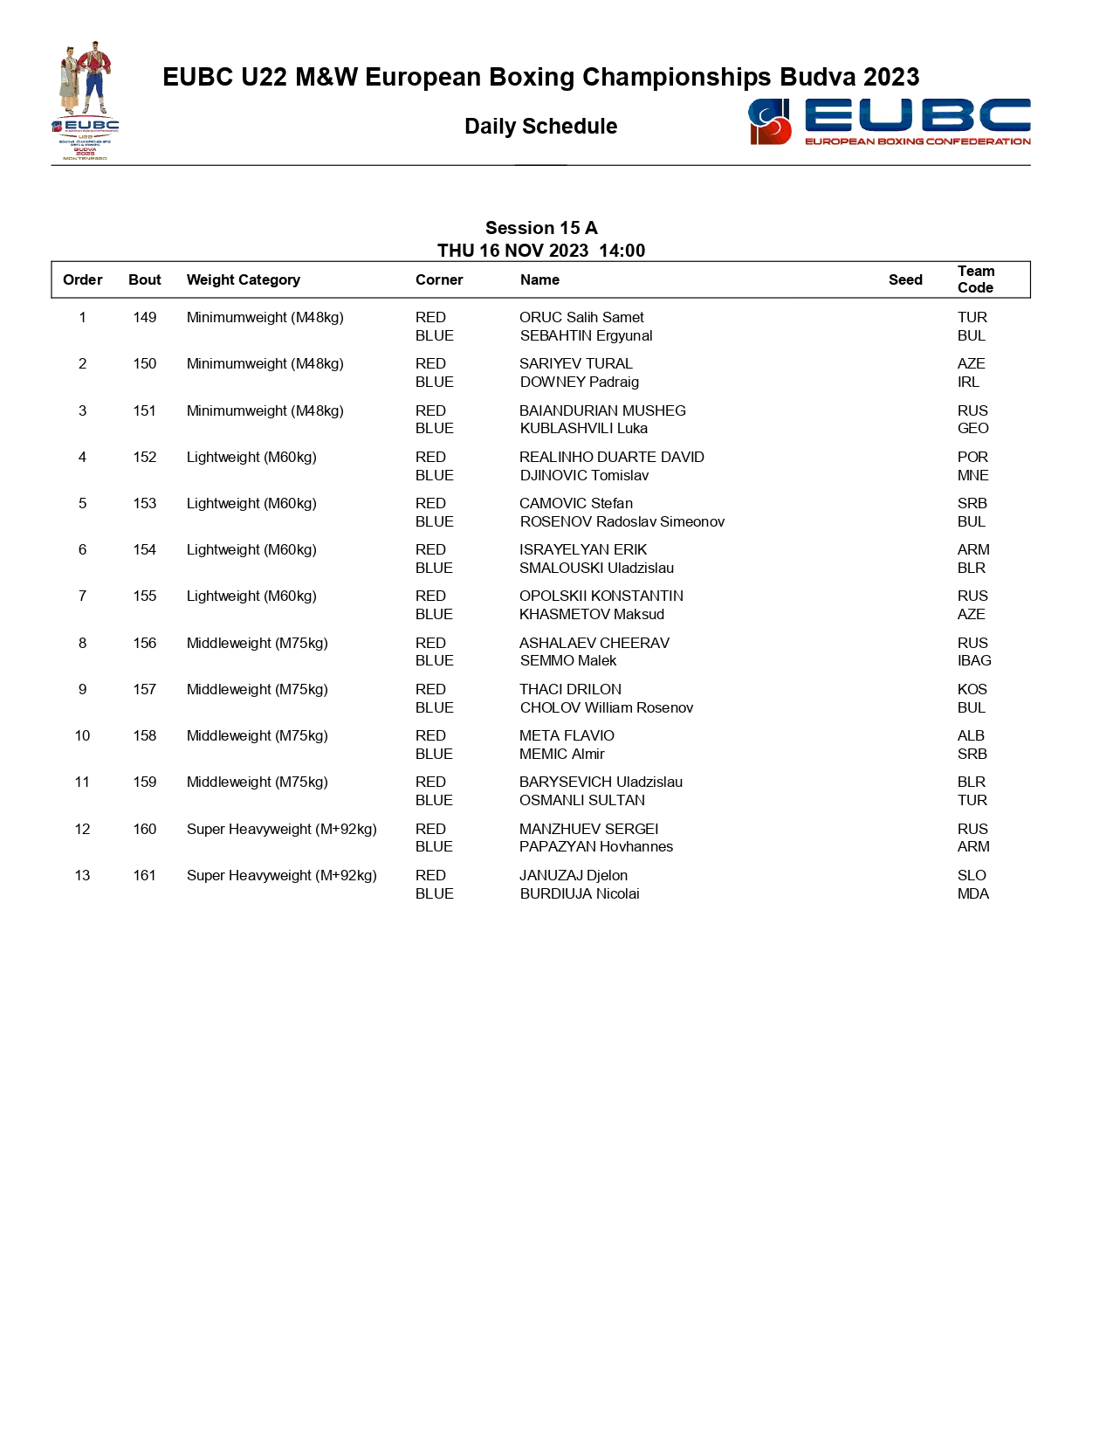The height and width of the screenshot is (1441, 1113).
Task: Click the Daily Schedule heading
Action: click(540, 127)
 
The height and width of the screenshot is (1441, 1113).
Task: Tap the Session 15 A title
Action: click(541, 228)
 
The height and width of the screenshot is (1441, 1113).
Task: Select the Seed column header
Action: click(905, 279)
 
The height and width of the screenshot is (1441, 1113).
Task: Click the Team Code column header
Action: click(975, 279)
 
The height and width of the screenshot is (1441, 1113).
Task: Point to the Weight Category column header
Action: click(243, 279)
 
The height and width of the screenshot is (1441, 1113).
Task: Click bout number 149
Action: click(145, 318)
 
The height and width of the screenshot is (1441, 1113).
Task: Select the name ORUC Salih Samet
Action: click(581, 318)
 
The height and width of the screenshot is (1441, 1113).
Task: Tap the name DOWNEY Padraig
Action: click(579, 382)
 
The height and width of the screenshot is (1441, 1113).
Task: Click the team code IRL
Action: click(968, 382)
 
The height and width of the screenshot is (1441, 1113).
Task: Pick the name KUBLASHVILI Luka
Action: click(583, 428)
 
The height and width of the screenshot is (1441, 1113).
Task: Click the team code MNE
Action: click(972, 475)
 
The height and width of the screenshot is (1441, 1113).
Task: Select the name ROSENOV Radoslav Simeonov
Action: click(622, 521)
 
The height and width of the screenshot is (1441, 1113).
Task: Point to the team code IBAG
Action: click(974, 660)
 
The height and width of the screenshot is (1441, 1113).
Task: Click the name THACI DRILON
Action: click(570, 689)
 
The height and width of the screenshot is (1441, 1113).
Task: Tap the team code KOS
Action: click(972, 689)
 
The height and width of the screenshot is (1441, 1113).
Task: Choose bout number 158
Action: click(145, 735)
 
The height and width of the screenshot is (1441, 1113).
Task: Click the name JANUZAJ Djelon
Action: click(573, 875)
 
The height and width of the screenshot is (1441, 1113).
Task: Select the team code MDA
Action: click(972, 893)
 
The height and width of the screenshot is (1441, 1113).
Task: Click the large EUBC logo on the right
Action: click(889, 121)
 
